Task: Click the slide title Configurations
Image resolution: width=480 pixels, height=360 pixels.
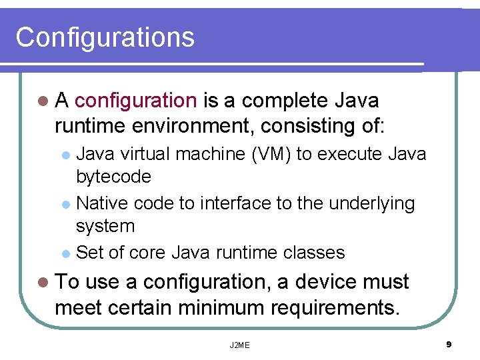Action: (x=105, y=37)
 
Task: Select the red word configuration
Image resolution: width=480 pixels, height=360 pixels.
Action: (x=135, y=101)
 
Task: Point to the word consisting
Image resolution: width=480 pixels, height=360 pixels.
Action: (x=309, y=125)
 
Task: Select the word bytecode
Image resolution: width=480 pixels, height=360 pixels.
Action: (x=113, y=177)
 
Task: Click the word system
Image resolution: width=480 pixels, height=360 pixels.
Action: (x=105, y=227)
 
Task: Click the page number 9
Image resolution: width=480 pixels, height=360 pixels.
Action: (x=449, y=344)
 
